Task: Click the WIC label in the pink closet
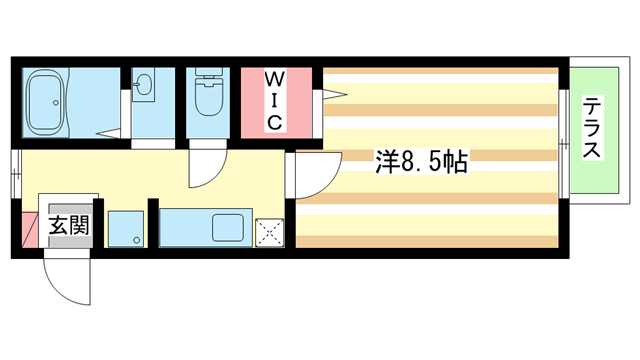[x=275, y=100]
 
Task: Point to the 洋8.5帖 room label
[x=421, y=160]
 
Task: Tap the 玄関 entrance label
[x=69, y=225]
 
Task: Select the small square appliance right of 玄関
[x=127, y=228]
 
